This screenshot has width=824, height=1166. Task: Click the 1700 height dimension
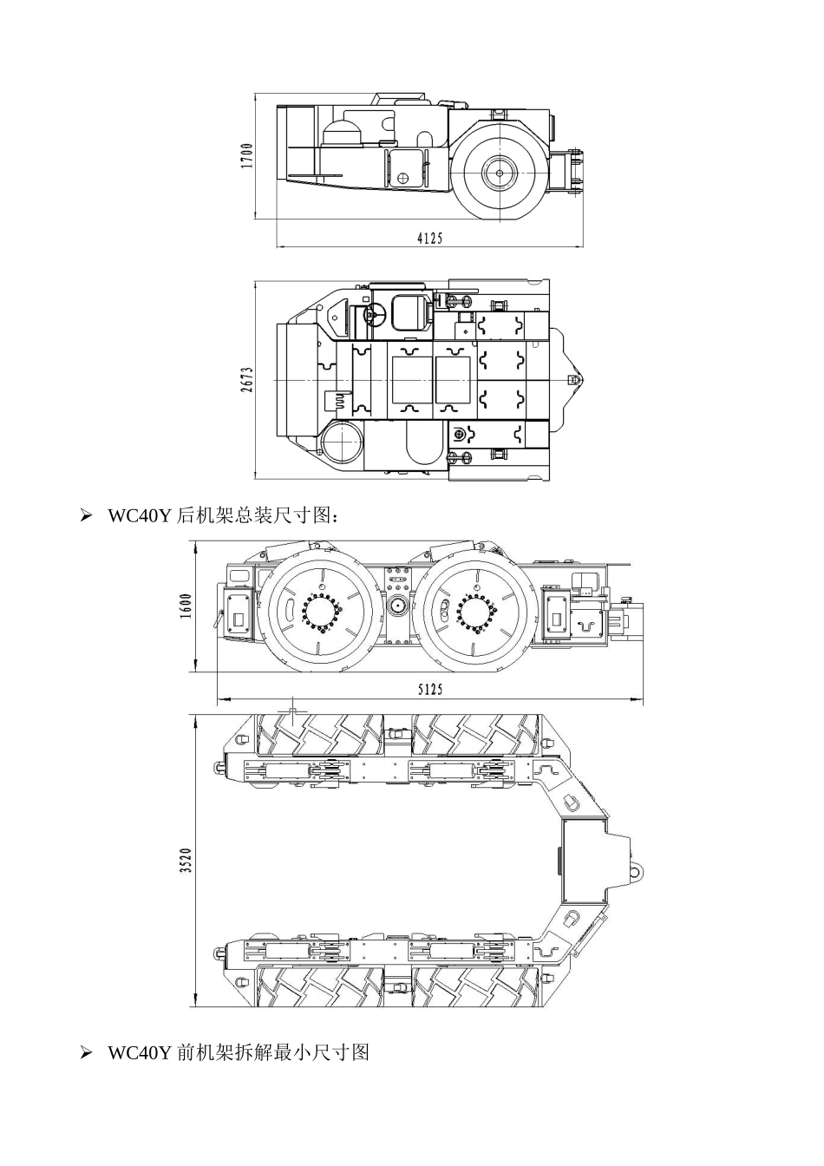(x=247, y=156)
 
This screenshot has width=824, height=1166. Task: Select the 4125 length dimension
(x=429, y=239)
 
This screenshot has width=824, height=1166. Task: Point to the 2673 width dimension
(x=247, y=380)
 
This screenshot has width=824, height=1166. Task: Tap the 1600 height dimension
(x=186, y=606)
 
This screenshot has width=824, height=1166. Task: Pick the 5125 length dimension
(x=429, y=689)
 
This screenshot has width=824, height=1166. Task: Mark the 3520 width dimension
(x=186, y=861)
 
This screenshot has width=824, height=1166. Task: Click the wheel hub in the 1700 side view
(x=499, y=173)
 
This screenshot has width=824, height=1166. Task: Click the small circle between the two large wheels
(x=398, y=607)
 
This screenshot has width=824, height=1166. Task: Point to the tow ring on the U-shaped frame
(x=637, y=869)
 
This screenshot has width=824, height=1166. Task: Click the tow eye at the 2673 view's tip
(x=572, y=380)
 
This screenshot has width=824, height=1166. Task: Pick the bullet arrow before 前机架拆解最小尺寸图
(x=86, y=1052)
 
